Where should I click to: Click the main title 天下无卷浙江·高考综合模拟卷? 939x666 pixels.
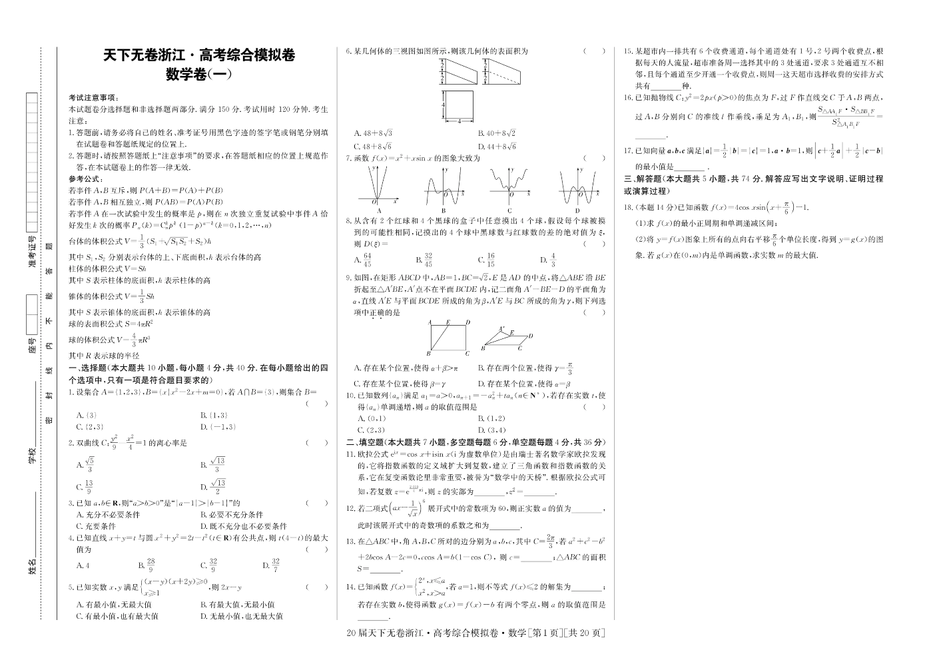(x=200, y=56)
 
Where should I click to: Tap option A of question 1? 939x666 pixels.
(x=87, y=416)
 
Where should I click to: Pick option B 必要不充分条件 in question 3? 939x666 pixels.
(x=232, y=514)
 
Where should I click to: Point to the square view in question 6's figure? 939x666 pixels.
(x=460, y=104)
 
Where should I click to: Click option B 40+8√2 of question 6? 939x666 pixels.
(x=496, y=133)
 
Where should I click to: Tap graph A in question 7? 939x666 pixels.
(x=378, y=188)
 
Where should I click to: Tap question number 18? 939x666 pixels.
(x=629, y=207)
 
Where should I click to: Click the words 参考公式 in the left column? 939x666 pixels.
(x=85, y=179)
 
